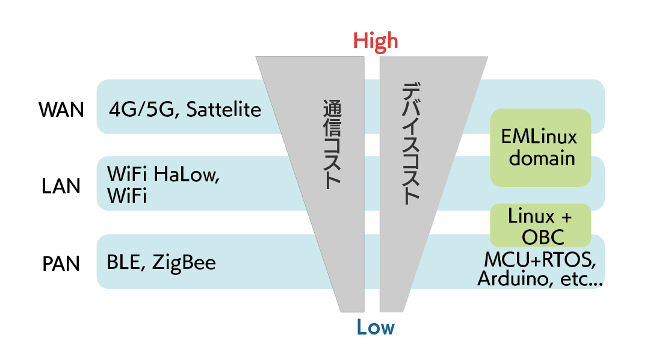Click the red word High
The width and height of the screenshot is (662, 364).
[375, 40]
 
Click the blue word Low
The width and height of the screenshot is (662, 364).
[375, 327]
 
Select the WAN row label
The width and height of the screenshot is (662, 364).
[61, 110]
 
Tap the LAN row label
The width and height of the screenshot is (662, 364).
[61, 186]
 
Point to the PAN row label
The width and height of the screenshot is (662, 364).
[61, 264]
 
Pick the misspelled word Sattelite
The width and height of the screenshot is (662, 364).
[223, 110]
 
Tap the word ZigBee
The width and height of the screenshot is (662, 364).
[184, 263]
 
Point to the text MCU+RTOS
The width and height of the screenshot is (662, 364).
[540, 261]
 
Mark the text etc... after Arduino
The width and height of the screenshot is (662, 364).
[581, 279]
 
